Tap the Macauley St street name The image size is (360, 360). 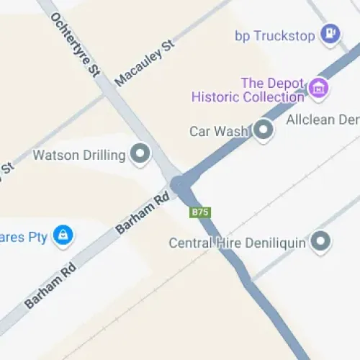[x=145, y=64]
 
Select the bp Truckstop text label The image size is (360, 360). [x=275, y=35]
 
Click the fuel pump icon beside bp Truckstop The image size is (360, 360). [x=330, y=32]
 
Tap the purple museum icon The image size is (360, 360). [x=318, y=89]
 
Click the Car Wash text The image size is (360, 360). [x=218, y=131]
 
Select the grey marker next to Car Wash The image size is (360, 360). [x=264, y=130]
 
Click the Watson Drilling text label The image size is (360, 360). [x=78, y=154]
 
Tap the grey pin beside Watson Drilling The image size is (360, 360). [x=139, y=153]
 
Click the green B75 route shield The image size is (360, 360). [x=199, y=212]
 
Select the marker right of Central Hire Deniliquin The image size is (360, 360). [x=320, y=241]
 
